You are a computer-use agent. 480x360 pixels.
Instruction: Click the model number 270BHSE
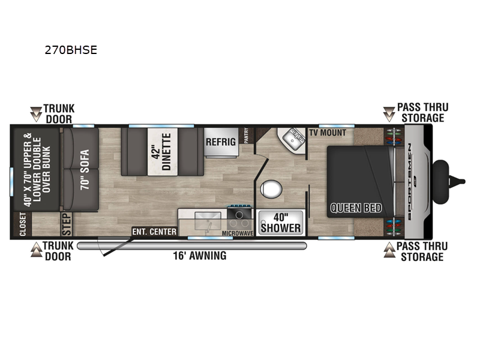pos(71,50)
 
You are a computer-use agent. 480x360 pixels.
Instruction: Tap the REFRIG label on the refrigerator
pos(221,142)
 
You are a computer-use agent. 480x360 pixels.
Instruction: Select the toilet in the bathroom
pos(271,188)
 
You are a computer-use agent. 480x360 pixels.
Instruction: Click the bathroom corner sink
pos(293,139)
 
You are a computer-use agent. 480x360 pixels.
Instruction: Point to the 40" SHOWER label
pos(280,223)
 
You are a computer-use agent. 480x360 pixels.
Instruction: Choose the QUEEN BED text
pos(356,208)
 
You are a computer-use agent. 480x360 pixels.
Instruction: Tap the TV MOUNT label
pos(328,133)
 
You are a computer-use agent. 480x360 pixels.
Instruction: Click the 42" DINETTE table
pos(163,152)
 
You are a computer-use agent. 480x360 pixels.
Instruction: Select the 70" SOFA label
pos(85,169)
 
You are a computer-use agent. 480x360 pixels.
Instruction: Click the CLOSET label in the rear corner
pos(23,224)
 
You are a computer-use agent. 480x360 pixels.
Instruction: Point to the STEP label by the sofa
pos(67,224)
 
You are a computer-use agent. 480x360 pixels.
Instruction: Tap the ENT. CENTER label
pos(154,232)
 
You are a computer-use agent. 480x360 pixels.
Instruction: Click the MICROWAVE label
pos(238,233)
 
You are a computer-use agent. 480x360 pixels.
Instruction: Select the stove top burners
pos(239,217)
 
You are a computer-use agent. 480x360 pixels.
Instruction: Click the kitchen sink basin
pos(208,221)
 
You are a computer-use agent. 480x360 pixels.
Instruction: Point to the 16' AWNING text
pos(200,256)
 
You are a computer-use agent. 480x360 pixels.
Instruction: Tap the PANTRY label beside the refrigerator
pos(247,136)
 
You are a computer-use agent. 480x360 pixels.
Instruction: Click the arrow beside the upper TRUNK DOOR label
pos(36,114)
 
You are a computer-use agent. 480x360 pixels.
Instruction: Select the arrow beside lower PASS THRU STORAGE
pos(389,250)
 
